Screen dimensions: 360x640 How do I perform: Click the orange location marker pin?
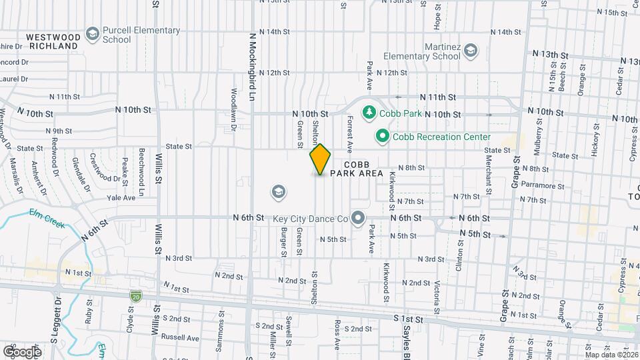321,159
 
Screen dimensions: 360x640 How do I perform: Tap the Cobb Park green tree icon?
367,113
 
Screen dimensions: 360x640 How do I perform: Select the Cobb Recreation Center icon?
382,137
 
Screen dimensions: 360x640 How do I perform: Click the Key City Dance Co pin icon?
359,218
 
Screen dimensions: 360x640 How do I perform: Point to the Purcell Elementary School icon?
92,35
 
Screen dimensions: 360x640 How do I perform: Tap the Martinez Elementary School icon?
471,51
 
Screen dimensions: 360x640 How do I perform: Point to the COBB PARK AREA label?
364,169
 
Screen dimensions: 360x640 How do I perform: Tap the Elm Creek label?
47,217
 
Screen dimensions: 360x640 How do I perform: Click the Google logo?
22,351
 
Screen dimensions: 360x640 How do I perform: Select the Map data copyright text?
612,354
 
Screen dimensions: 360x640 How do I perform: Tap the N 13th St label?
550,53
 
